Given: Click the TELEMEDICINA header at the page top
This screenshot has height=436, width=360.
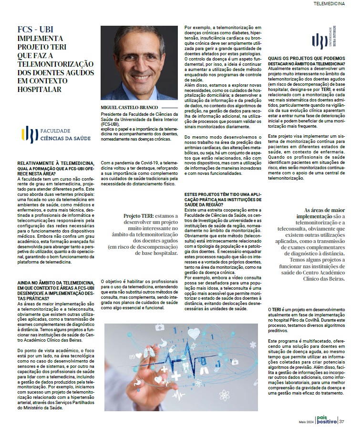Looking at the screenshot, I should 329,3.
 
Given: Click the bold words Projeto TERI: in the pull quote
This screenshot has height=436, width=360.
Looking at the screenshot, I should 142,216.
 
